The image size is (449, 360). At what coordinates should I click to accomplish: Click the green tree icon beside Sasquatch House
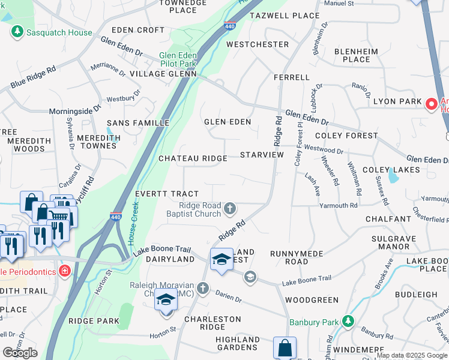coord(17,32)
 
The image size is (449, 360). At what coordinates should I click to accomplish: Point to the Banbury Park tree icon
coord(348,322)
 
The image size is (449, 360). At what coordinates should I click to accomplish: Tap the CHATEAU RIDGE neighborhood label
coord(192,158)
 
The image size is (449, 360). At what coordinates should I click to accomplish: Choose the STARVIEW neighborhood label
coord(261,155)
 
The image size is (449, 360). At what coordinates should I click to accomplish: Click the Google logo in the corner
coord(20,353)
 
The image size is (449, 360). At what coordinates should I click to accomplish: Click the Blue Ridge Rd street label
coord(33,79)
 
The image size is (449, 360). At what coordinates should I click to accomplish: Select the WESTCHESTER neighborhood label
coord(258,44)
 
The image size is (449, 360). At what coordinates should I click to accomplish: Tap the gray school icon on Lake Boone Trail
coord(250,277)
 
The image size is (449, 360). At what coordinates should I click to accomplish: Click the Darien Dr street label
coord(228,295)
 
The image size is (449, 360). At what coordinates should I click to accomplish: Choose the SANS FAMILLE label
coord(138,123)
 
